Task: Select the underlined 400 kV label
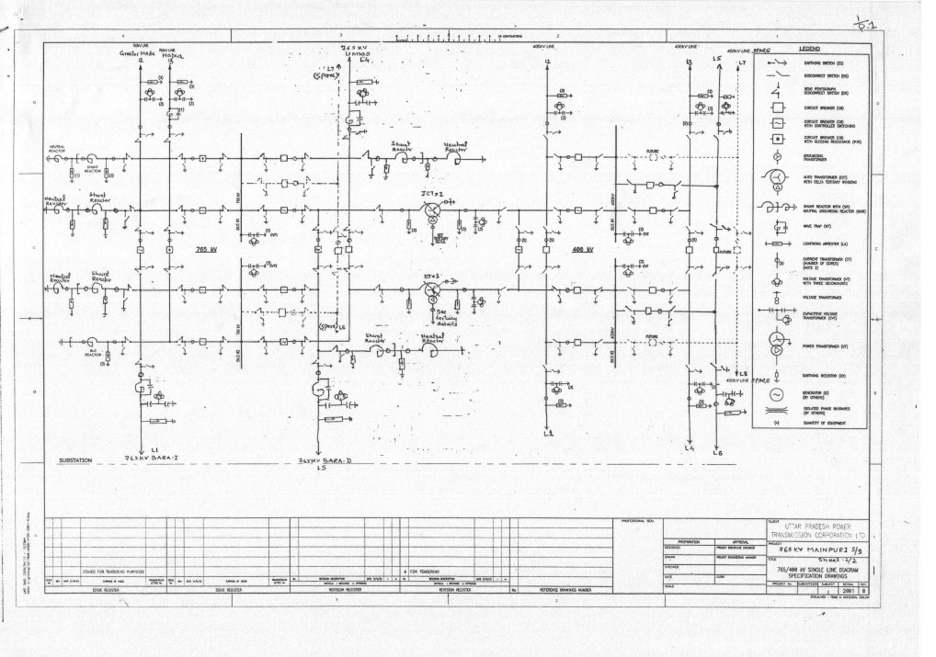582,249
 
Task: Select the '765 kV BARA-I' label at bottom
156,456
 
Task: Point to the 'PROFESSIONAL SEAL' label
637,511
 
